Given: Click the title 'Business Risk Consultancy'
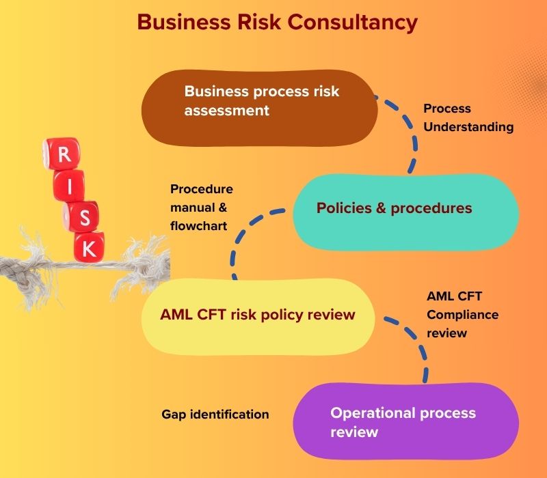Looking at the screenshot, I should click(277, 22).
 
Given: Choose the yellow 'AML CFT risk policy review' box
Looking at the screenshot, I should click(258, 315).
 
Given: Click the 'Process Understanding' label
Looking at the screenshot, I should click(468, 117).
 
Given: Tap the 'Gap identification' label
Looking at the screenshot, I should click(215, 414).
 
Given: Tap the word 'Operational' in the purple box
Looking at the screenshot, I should click(369, 413).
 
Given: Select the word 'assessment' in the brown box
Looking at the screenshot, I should click(226, 110).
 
